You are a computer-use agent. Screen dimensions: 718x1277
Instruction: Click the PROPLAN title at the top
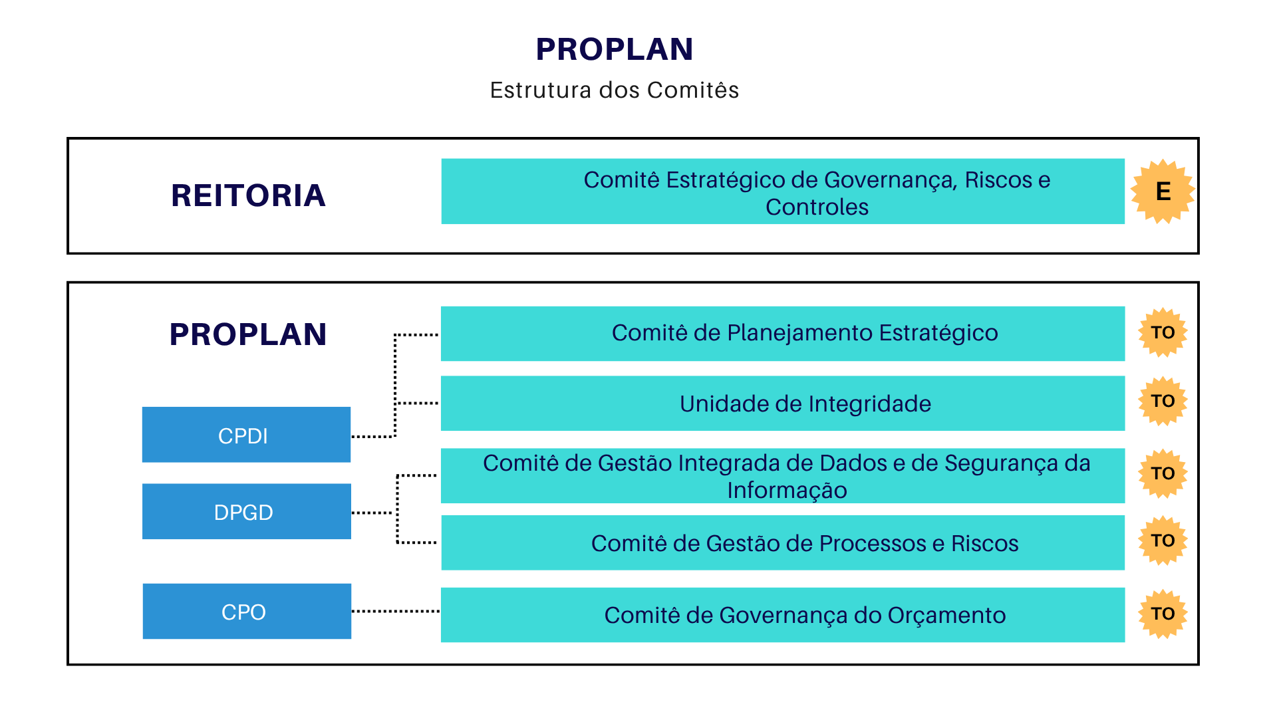coord(614,49)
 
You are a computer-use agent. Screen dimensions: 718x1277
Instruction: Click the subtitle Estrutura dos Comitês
coord(614,90)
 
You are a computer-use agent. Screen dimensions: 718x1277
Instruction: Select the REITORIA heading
coord(248,195)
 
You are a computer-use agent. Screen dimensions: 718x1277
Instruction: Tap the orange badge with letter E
coord(1163,191)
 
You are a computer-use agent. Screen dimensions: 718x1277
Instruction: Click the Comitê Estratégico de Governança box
coord(783,191)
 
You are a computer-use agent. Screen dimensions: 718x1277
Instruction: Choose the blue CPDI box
coord(246,435)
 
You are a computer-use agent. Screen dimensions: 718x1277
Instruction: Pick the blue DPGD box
coord(246,511)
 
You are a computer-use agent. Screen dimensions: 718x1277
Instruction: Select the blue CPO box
coord(246,611)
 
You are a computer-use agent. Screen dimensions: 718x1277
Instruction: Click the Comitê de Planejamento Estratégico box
coord(783,333)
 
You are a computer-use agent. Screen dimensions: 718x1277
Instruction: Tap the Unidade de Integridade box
coord(783,404)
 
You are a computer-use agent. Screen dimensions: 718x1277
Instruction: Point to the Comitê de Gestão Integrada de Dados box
coord(783,475)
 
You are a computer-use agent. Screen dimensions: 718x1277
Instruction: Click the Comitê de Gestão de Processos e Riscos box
coord(783,542)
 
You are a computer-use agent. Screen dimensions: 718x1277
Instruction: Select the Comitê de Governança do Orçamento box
coord(783,615)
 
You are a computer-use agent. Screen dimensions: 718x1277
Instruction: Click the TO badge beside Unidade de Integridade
coord(1163,401)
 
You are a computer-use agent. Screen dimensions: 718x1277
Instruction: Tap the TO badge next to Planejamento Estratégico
coord(1163,332)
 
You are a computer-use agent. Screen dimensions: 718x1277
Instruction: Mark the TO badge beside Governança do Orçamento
coord(1163,614)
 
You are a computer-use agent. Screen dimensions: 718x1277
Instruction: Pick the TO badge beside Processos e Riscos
coord(1163,540)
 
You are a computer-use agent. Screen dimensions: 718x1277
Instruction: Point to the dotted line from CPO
coord(395,611)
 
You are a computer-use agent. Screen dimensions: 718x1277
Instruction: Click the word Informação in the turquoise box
coord(787,491)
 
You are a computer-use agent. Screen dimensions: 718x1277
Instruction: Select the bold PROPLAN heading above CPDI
coord(248,334)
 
